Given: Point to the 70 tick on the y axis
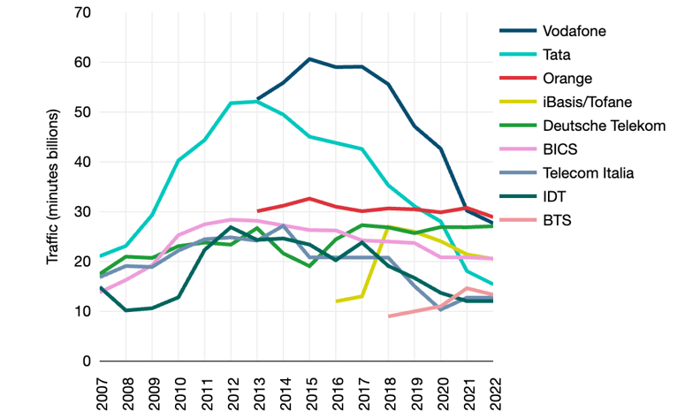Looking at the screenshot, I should coord(83,12).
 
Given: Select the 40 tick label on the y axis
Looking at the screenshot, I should coord(83,162).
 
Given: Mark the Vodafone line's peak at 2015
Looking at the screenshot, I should coord(309,59).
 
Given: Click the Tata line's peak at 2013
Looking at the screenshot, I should coord(257,102).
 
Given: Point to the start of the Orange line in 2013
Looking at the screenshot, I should coord(257,211).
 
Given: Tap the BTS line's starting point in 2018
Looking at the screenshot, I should coord(388,316).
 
